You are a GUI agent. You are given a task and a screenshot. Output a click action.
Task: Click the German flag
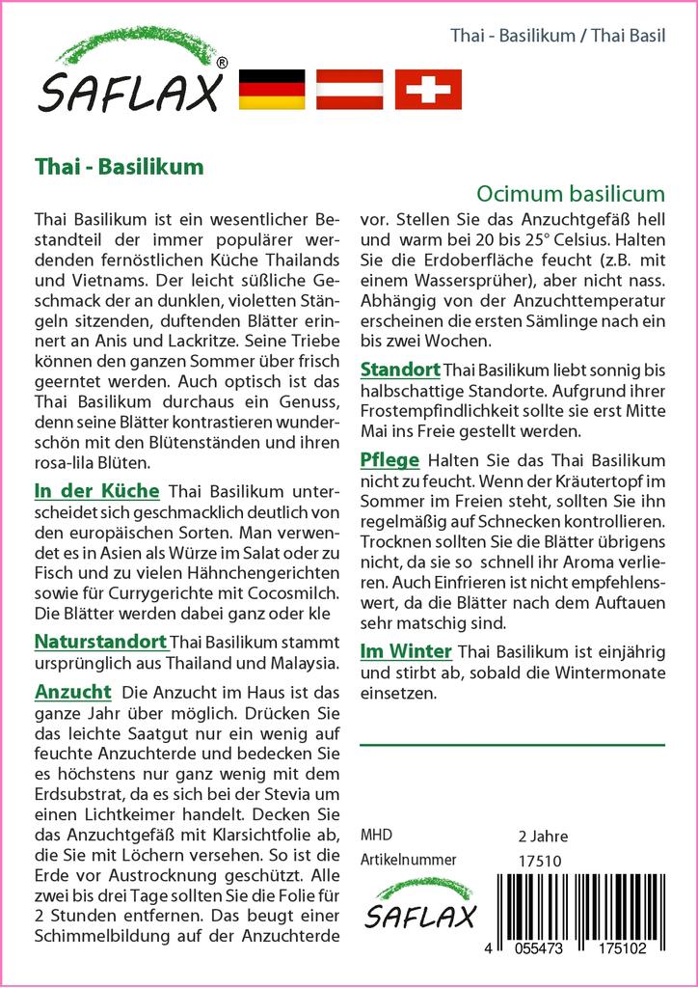pyautogui.click(x=271, y=89)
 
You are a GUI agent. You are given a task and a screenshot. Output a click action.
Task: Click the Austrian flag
pyautogui.click(x=349, y=89)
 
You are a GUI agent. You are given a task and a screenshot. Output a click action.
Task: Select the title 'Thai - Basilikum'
pyautogui.click(x=119, y=166)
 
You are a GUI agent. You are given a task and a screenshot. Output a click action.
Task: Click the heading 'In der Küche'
pyautogui.click(x=95, y=491)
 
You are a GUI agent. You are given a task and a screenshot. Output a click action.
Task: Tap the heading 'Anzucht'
pyautogui.click(x=72, y=692)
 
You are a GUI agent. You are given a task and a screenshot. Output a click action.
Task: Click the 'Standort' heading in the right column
pyautogui.click(x=400, y=370)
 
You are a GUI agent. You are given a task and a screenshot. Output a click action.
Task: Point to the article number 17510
pyautogui.click(x=539, y=861)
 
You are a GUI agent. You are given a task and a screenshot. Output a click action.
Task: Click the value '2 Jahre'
pyautogui.click(x=543, y=836)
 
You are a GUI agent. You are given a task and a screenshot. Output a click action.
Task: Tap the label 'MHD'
pyautogui.click(x=375, y=835)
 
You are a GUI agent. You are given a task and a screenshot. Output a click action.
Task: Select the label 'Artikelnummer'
pyautogui.click(x=408, y=860)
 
